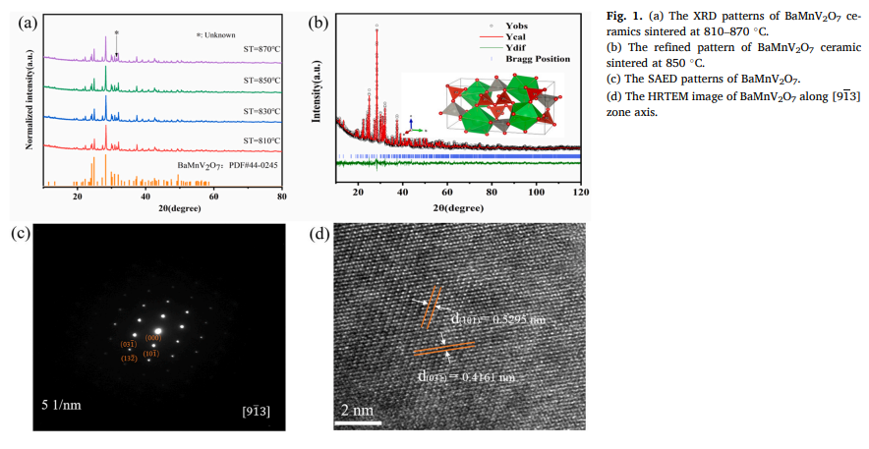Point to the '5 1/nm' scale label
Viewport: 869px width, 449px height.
coord(63,404)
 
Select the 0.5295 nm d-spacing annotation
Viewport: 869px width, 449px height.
coord(498,320)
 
